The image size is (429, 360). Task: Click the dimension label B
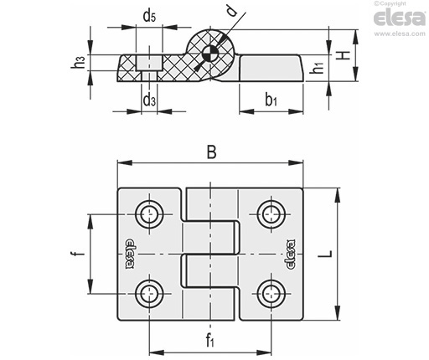[211, 152]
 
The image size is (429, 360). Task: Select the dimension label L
[326, 254]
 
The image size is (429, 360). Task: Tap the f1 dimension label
[210, 340]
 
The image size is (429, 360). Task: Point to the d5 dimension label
[149, 16]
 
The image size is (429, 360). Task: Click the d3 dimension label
[149, 100]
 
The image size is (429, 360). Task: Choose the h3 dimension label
[78, 62]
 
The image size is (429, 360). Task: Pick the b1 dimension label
[271, 100]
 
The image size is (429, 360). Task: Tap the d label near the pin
[232, 11]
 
